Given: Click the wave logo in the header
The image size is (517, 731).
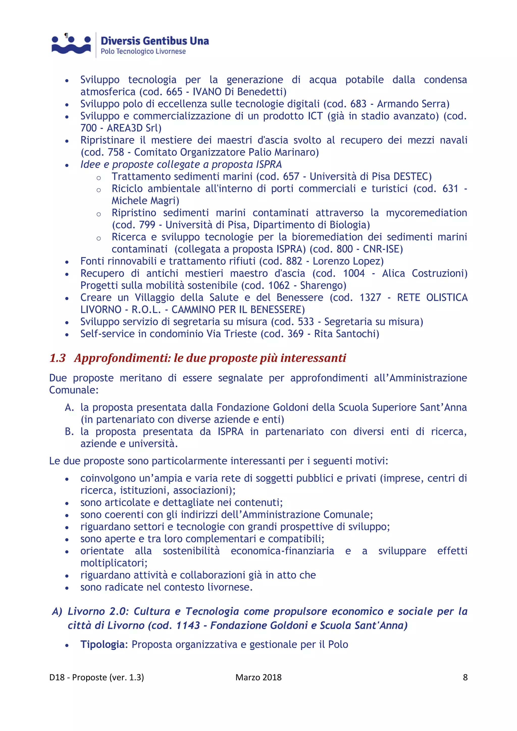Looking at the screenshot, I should pyautogui.click(x=71, y=45).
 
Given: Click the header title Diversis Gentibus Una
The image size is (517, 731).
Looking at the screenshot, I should pyautogui.click(x=155, y=41).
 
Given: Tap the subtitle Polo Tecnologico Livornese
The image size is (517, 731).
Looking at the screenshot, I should pyautogui.click(x=143, y=51).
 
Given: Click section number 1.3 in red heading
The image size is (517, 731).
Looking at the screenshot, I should pyautogui.click(x=58, y=358).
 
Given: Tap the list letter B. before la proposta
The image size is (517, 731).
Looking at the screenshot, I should pyautogui.click(x=69, y=432).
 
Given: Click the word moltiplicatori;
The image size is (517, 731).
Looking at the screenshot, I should pyautogui.click(x=114, y=563).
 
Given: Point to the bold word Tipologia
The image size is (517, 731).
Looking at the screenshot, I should pyautogui.click(x=102, y=645).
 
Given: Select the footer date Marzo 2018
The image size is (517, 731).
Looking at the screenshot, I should pyautogui.click(x=258, y=677).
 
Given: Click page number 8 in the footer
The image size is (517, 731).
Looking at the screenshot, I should pyautogui.click(x=465, y=677).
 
